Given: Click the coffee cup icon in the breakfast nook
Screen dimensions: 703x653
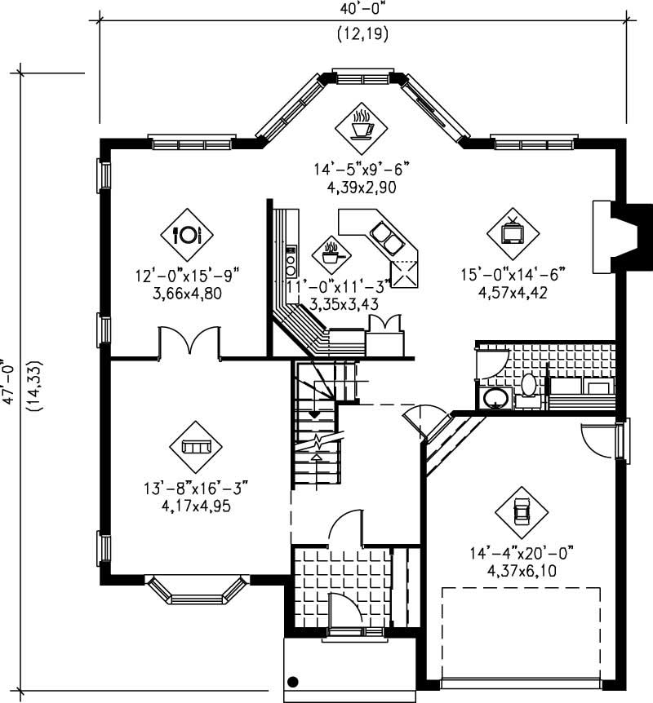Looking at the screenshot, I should point(361,124).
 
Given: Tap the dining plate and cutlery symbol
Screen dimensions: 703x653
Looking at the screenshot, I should point(186,235).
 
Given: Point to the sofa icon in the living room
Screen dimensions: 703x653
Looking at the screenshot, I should point(196,446).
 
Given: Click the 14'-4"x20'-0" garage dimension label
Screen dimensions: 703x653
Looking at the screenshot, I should point(520,553).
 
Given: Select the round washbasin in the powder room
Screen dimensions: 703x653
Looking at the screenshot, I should point(494,398).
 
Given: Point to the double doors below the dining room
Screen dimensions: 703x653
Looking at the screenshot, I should point(189,341).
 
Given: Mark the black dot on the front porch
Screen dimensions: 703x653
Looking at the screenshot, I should point(292,682).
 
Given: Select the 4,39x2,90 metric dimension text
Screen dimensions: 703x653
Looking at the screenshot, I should point(360,187).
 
